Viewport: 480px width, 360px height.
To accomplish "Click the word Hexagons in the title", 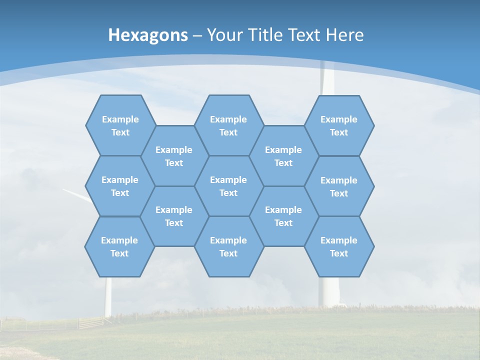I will pyautogui.click(x=148, y=35).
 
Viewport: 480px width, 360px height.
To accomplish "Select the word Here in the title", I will pyautogui.click(x=344, y=35).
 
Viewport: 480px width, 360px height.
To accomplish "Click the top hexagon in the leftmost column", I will pyautogui.click(x=120, y=125).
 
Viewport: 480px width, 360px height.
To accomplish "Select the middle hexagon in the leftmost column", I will pyautogui.click(x=120, y=186).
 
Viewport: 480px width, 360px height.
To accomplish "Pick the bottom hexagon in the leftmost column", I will pyautogui.click(x=119, y=246).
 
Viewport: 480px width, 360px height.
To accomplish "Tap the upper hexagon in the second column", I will pyautogui.click(x=174, y=156).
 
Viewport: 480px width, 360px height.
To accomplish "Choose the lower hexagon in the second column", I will pyautogui.click(x=174, y=216).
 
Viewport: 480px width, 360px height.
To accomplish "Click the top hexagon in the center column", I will pyautogui.click(x=228, y=125).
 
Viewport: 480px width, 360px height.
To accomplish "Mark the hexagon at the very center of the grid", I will pyautogui.click(x=228, y=186).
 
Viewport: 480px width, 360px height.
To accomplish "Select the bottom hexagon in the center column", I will pyautogui.click(x=228, y=246).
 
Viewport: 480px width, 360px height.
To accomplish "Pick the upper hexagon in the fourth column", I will pyautogui.click(x=283, y=156).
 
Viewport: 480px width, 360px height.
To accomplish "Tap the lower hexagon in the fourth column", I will pyautogui.click(x=283, y=216).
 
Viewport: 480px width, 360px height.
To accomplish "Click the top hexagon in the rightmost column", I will pyautogui.click(x=339, y=125).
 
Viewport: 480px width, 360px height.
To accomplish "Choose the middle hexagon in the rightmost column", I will pyautogui.click(x=339, y=186).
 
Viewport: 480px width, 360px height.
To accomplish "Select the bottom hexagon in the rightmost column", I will pyautogui.click(x=339, y=246).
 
